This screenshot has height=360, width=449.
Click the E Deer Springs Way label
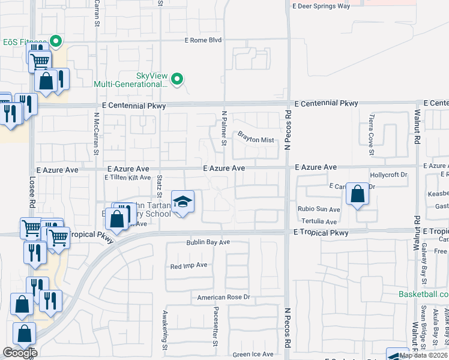pyautogui.click(x=321, y=6)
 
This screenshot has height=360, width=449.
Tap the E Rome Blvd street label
pyautogui.click(x=202, y=40)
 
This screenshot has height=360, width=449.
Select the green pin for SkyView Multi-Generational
pyautogui.click(x=177, y=79)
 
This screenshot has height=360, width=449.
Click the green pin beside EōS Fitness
pyautogui.click(x=56, y=41)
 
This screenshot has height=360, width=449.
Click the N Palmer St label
pyautogui.click(x=224, y=128)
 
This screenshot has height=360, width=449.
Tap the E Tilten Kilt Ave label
pyautogui.click(x=127, y=178)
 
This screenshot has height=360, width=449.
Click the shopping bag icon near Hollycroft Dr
pyautogui.click(x=357, y=194)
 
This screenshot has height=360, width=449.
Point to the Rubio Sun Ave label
pyautogui.click(x=319, y=210)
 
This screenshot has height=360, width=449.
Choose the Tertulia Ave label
pyautogui.click(x=319, y=221)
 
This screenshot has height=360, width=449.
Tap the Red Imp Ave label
pyautogui.click(x=188, y=266)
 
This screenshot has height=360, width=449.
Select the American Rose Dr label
pyautogui.click(x=223, y=297)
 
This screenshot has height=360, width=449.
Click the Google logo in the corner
pyautogui.click(x=20, y=353)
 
